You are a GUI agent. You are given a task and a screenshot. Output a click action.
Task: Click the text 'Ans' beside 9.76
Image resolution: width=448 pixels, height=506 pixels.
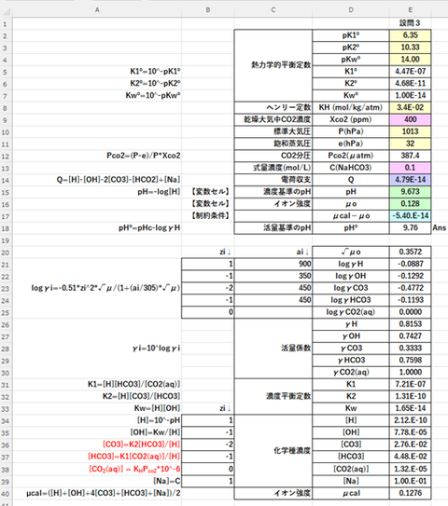[x=440, y=226]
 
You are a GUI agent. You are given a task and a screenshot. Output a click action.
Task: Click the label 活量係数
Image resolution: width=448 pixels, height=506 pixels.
[x=285, y=348]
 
